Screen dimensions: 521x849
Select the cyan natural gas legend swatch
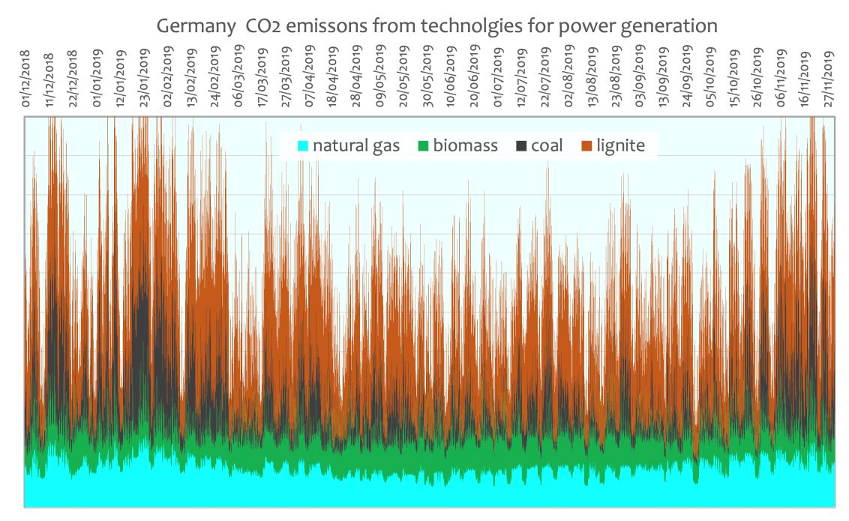point(303,145)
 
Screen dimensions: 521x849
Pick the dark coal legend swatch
point(522,145)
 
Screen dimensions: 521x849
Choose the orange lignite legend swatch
point(588,145)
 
